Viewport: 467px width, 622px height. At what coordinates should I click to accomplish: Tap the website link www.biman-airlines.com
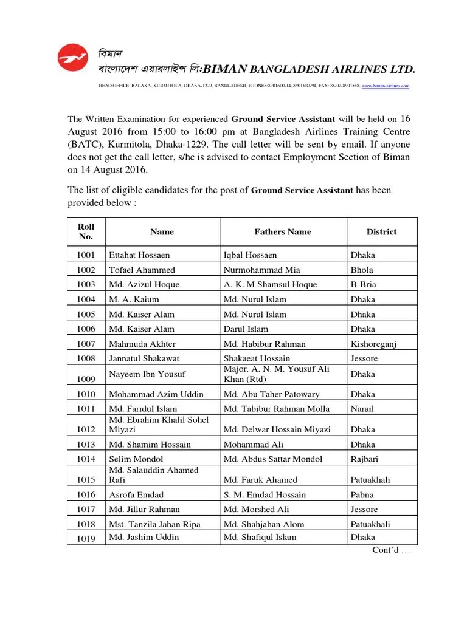pyautogui.click(x=386, y=87)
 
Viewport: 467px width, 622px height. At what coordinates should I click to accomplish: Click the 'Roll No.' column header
pyautogui.click(x=86, y=231)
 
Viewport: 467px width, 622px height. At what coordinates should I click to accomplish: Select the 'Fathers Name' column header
pyautogui.click(x=282, y=232)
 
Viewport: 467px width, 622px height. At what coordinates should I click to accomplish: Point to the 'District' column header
pyautogui.click(x=381, y=232)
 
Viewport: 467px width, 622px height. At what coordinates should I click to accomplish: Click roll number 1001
pyautogui.click(x=86, y=256)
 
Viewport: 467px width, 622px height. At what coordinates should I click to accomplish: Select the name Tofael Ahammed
pyautogui.click(x=142, y=270)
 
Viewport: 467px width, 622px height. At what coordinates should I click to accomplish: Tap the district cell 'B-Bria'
pyautogui.click(x=364, y=285)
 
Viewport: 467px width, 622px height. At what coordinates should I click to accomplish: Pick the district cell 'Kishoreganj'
pyautogui.click(x=373, y=344)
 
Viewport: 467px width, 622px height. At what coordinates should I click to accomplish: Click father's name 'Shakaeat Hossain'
pyautogui.click(x=257, y=358)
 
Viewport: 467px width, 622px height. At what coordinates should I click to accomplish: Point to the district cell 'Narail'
pyautogui.click(x=362, y=409)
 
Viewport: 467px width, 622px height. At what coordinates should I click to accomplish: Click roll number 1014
pyautogui.click(x=86, y=459)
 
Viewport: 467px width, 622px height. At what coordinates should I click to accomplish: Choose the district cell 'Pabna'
pyautogui.click(x=362, y=495)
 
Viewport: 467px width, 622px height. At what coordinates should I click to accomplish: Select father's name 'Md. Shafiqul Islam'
pyautogui.click(x=260, y=537)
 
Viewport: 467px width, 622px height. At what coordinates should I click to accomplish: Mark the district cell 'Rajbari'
pyautogui.click(x=364, y=459)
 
